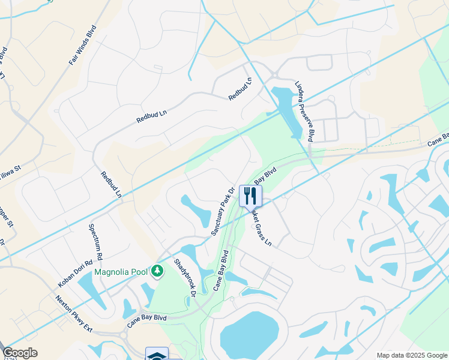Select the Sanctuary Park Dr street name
(x=222, y=211)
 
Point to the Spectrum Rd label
(x=97, y=238)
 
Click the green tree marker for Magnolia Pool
(x=157, y=272)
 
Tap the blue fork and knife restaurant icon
(x=250, y=195)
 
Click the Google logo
(x=20, y=353)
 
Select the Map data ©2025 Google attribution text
(x=412, y=355)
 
